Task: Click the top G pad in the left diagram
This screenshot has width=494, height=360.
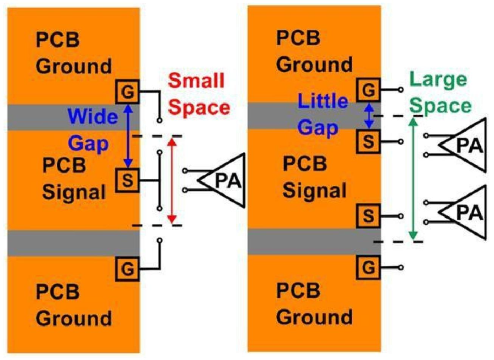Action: coord(127,91)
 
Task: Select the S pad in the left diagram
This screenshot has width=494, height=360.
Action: coord(127,181)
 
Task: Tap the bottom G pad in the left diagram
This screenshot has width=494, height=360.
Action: coord(127,269)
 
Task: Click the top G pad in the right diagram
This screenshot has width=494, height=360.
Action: coord(368,90)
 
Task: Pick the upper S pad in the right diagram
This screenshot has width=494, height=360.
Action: coord(368,141)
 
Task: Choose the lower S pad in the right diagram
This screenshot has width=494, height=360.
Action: coord(368,216)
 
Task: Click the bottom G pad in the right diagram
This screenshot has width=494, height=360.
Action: coord(368,268)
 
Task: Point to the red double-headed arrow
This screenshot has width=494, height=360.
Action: coord(172,181)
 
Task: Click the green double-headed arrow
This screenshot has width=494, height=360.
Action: coord(413,178)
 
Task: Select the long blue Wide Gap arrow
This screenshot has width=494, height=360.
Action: coord(128,136)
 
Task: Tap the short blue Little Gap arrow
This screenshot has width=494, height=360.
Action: coord(370,116)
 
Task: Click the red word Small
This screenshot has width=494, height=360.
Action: coord(196,81)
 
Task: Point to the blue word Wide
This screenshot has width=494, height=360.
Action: coord(93,116)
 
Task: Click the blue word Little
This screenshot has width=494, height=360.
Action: coord(323,101)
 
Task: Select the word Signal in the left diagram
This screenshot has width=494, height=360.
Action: coord(74,192)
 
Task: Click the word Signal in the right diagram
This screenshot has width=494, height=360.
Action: coord(314,190)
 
